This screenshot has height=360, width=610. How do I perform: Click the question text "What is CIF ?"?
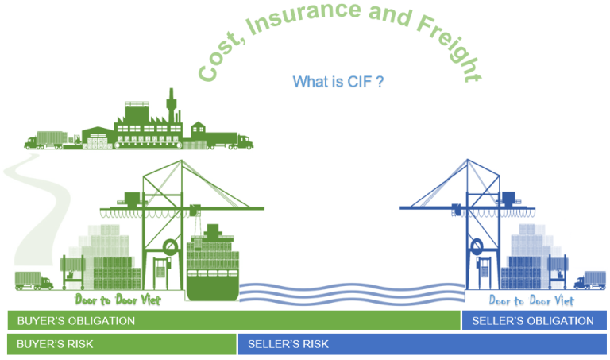click(338, 82)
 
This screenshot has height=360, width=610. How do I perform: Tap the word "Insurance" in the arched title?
click(304, 17)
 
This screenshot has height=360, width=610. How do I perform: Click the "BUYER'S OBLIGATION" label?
click(76, 321)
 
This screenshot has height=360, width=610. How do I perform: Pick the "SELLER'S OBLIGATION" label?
click(533, 321)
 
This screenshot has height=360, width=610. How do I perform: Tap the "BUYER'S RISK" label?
click(55, 344)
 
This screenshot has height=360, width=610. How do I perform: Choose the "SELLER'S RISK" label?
click(288, 344)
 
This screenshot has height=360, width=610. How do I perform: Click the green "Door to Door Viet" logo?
click(118, 300)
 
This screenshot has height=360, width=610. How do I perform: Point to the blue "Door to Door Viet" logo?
click(531, 300)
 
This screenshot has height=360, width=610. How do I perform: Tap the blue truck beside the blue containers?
click(590, 281)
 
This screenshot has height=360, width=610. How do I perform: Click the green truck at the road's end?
click(33, 281)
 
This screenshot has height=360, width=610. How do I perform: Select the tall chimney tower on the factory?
click(171, 106)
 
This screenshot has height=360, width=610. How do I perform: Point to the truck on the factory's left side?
click(46, 141)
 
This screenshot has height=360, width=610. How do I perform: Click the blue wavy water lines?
click(352, 293)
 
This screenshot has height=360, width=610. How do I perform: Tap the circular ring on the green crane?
click(171, 240)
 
